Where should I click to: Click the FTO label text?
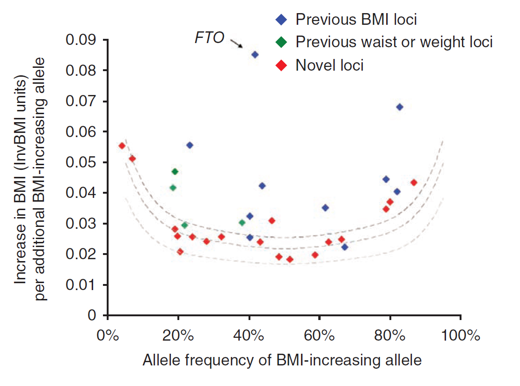210,38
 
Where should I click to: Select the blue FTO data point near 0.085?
255,55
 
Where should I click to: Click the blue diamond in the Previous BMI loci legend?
280,20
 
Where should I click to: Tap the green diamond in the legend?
280,42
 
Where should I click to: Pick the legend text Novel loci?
330,65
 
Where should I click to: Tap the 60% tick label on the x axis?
319,336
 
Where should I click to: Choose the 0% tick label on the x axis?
108,336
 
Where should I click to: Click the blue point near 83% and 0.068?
399,107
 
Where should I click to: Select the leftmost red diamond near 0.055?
122,146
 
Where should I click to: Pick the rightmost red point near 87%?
414,182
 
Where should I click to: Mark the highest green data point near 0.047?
175,172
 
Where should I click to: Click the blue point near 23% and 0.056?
190,145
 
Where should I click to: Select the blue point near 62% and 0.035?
325,208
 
